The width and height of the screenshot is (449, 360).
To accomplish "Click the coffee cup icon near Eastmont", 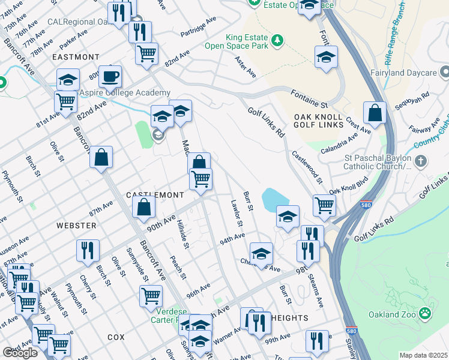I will coord(110,77).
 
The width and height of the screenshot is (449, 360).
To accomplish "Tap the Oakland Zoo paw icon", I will coord(425,313).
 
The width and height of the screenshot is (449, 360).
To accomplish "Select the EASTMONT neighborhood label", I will coord(76,57).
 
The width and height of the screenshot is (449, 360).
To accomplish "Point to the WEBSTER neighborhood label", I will coord(76,225).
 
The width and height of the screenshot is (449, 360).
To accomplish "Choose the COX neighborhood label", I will coord(116,337).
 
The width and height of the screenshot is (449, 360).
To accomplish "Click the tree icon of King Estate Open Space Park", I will coord(277,40).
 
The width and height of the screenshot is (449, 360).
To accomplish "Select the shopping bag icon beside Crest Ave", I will coord(375,113).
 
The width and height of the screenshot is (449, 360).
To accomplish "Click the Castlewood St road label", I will coord(308,167).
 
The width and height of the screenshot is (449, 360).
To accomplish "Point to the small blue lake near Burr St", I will coord(275,199).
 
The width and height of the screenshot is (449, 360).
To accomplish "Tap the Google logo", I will coord(20,353).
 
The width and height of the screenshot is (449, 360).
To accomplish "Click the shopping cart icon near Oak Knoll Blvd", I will coord(325,205).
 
